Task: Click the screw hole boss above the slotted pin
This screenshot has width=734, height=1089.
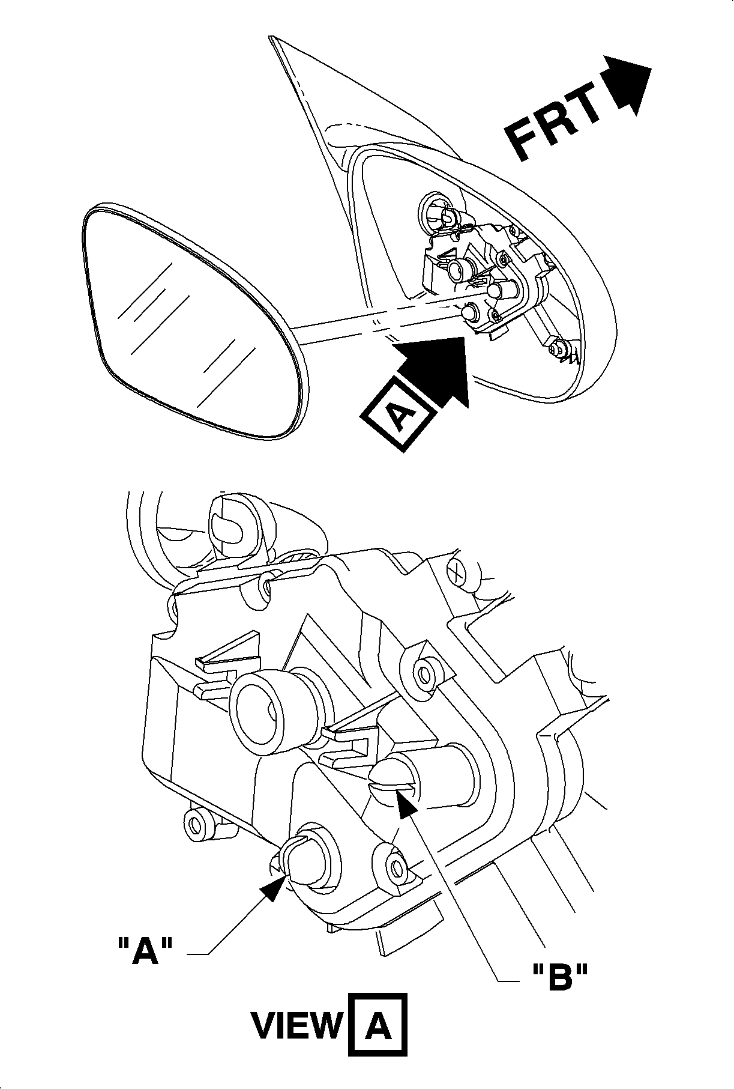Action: pos(427,673)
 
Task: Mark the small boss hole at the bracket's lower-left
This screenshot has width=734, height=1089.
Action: pos(196,824)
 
